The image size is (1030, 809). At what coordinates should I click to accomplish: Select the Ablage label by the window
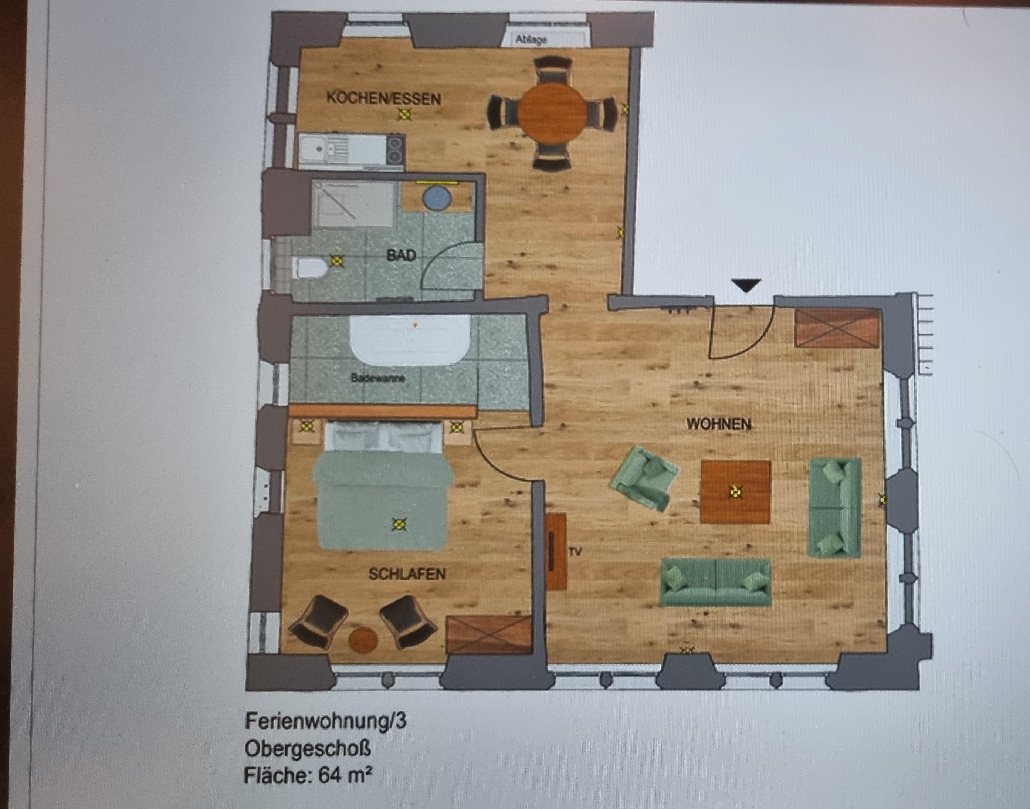click(x=531, y=40)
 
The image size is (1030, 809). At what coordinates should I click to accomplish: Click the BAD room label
click(x=401, y=255)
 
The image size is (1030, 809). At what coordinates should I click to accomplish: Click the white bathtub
click(x=410, y=341)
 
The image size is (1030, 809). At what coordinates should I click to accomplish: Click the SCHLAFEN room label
click(x=407, y=574)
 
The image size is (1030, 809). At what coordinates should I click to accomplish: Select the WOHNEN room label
click(x=718, y=424)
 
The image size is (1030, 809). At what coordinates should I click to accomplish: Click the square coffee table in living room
click(x=735, y=492)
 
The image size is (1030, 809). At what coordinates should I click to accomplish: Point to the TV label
click(x=575, y=552)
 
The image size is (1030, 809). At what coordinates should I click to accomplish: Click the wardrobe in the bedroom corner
click(x=489, y=635)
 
